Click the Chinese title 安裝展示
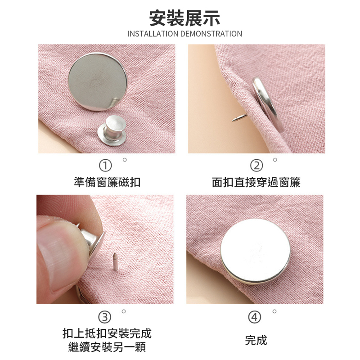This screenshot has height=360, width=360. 184,18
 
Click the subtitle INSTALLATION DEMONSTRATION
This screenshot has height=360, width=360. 184,34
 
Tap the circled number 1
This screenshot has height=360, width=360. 105,166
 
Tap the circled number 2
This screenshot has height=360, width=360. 256,166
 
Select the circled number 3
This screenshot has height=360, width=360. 105,317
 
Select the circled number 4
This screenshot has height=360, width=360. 255,317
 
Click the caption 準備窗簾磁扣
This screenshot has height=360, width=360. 107,182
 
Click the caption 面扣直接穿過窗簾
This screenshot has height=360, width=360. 256,182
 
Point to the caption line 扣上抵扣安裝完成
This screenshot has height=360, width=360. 107,333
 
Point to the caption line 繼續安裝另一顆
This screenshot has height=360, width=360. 107,347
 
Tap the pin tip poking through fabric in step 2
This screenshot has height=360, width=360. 234,119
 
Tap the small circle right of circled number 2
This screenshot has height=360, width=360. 275,160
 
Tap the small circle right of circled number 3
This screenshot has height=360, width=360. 124,311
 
